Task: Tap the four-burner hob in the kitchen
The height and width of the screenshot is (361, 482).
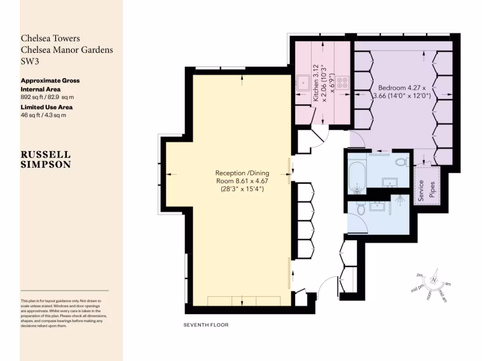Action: click(343, 83)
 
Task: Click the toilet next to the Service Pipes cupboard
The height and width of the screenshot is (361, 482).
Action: click(402, 163)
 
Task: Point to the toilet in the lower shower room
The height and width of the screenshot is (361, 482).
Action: click(361, 209)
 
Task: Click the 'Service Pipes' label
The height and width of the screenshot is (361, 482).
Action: click(426, 191)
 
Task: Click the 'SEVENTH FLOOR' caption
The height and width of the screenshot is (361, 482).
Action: click(206, 325)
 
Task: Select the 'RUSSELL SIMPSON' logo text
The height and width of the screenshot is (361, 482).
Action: click(46, 159)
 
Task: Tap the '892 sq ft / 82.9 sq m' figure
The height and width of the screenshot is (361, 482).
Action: click(47, 97)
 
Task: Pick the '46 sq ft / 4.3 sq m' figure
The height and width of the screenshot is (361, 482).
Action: click(43, 115)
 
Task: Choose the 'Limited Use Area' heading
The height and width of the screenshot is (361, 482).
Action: click(46, 107)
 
